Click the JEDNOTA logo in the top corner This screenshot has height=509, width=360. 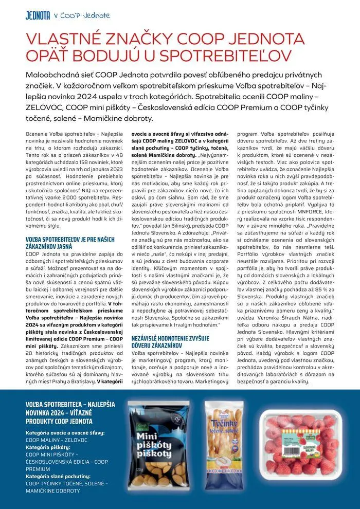point(38,15)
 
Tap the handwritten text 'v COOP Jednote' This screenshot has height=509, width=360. point(82,15)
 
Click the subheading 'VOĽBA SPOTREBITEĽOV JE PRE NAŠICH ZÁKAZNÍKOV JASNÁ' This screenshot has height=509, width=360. point(69,242)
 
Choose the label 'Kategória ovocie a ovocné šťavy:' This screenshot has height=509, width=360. point(65,433)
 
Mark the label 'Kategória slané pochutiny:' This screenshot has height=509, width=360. point(58,476)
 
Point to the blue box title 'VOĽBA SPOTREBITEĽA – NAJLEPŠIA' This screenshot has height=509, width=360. point(71,406)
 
